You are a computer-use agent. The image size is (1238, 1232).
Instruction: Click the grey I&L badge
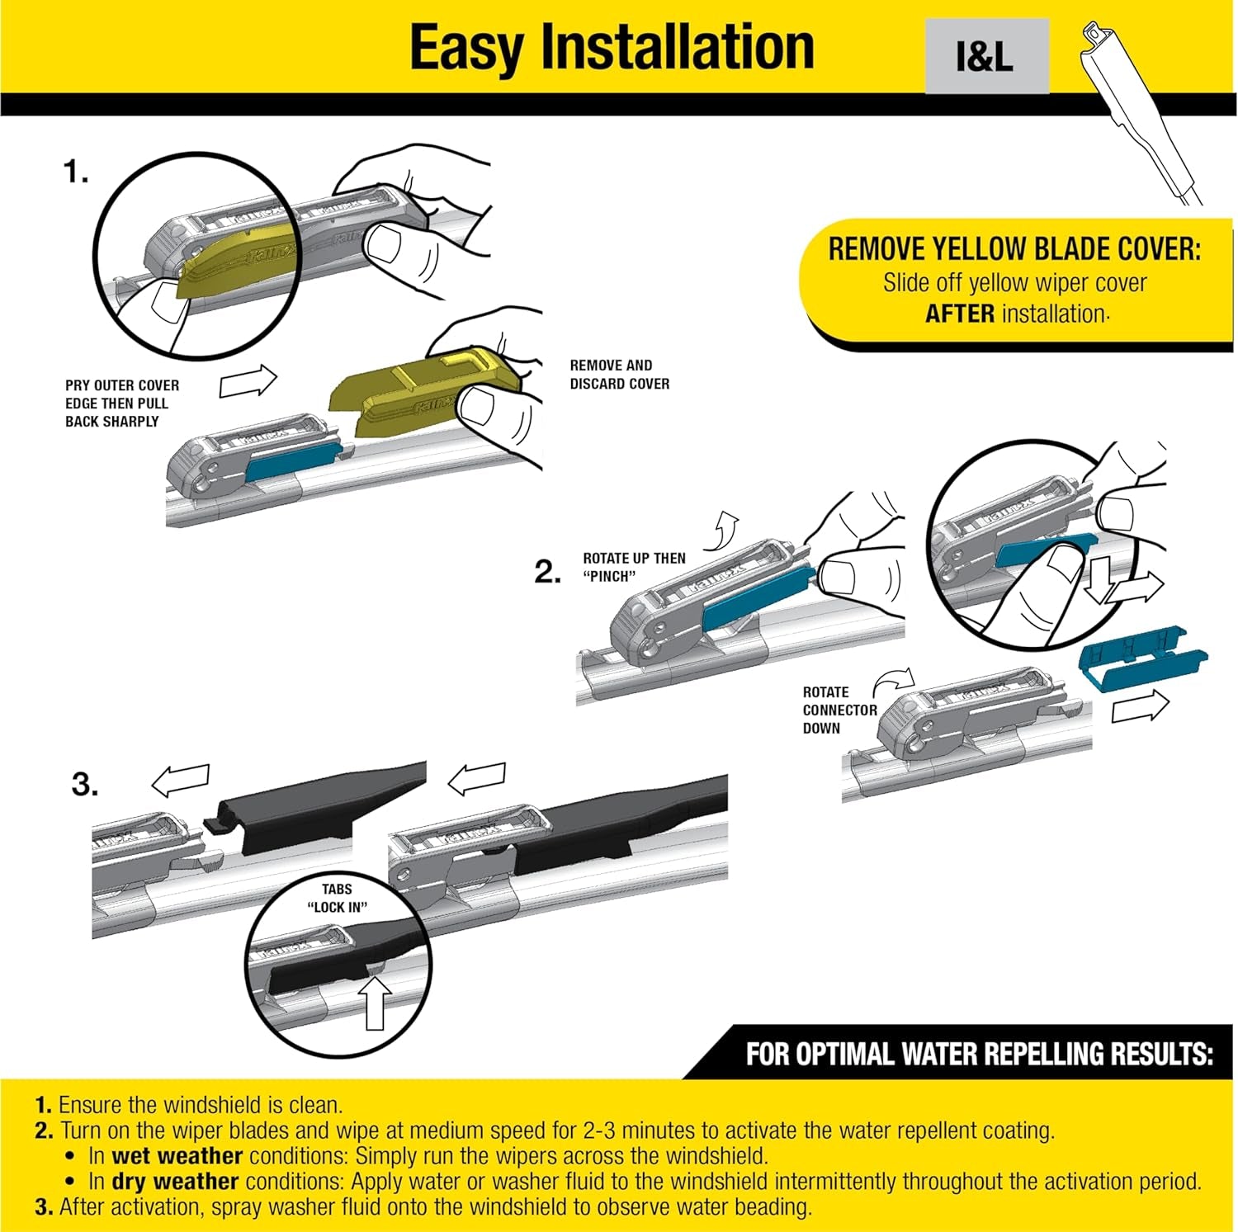coord(986,56)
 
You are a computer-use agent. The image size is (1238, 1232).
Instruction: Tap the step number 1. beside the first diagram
coord(76,172)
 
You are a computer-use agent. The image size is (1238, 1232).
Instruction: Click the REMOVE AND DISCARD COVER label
coord(619,374)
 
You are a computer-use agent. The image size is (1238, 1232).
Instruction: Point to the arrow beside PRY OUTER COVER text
coord(248,381)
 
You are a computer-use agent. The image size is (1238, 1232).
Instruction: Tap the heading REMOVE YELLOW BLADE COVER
coord(1014,249)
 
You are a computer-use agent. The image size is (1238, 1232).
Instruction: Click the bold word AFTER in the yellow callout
coord(959,314)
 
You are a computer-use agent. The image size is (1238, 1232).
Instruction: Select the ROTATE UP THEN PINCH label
coord(633,567)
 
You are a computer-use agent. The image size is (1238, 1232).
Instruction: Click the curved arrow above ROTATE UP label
coord(726,525)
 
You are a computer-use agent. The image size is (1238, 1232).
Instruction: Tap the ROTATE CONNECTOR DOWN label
coord(839,710)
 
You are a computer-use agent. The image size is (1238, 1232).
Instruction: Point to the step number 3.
coord(85,783)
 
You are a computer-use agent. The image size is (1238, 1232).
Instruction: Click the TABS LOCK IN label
coord(337,898)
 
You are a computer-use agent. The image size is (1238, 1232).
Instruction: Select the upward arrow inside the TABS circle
coord(376,1003)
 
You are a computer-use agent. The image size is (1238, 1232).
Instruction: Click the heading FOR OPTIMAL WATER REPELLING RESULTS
coord(979,1055)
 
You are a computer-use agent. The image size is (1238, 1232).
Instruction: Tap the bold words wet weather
coord(177,1155)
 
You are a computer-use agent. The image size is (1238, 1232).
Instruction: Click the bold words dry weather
coord(175,1181)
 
